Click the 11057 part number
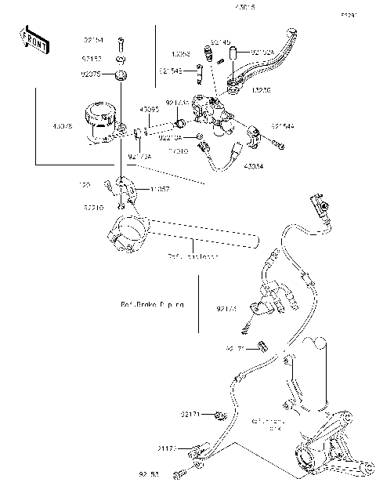(x=161, y=189)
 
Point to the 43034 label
(x=253, y=166)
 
